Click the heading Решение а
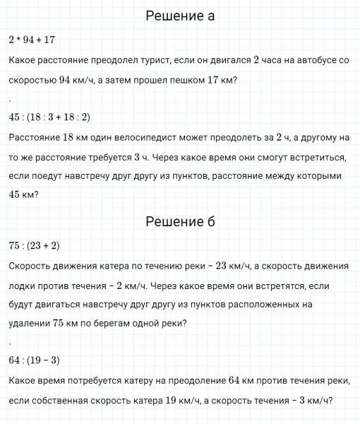pyautogui.click(x=180, y=16)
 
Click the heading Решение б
pyautogui.click(x=180, y=222)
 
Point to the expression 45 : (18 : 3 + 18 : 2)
pyautogui.click(x=50, y=117)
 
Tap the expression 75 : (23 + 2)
pyautogui.click(x=34, y=246)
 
